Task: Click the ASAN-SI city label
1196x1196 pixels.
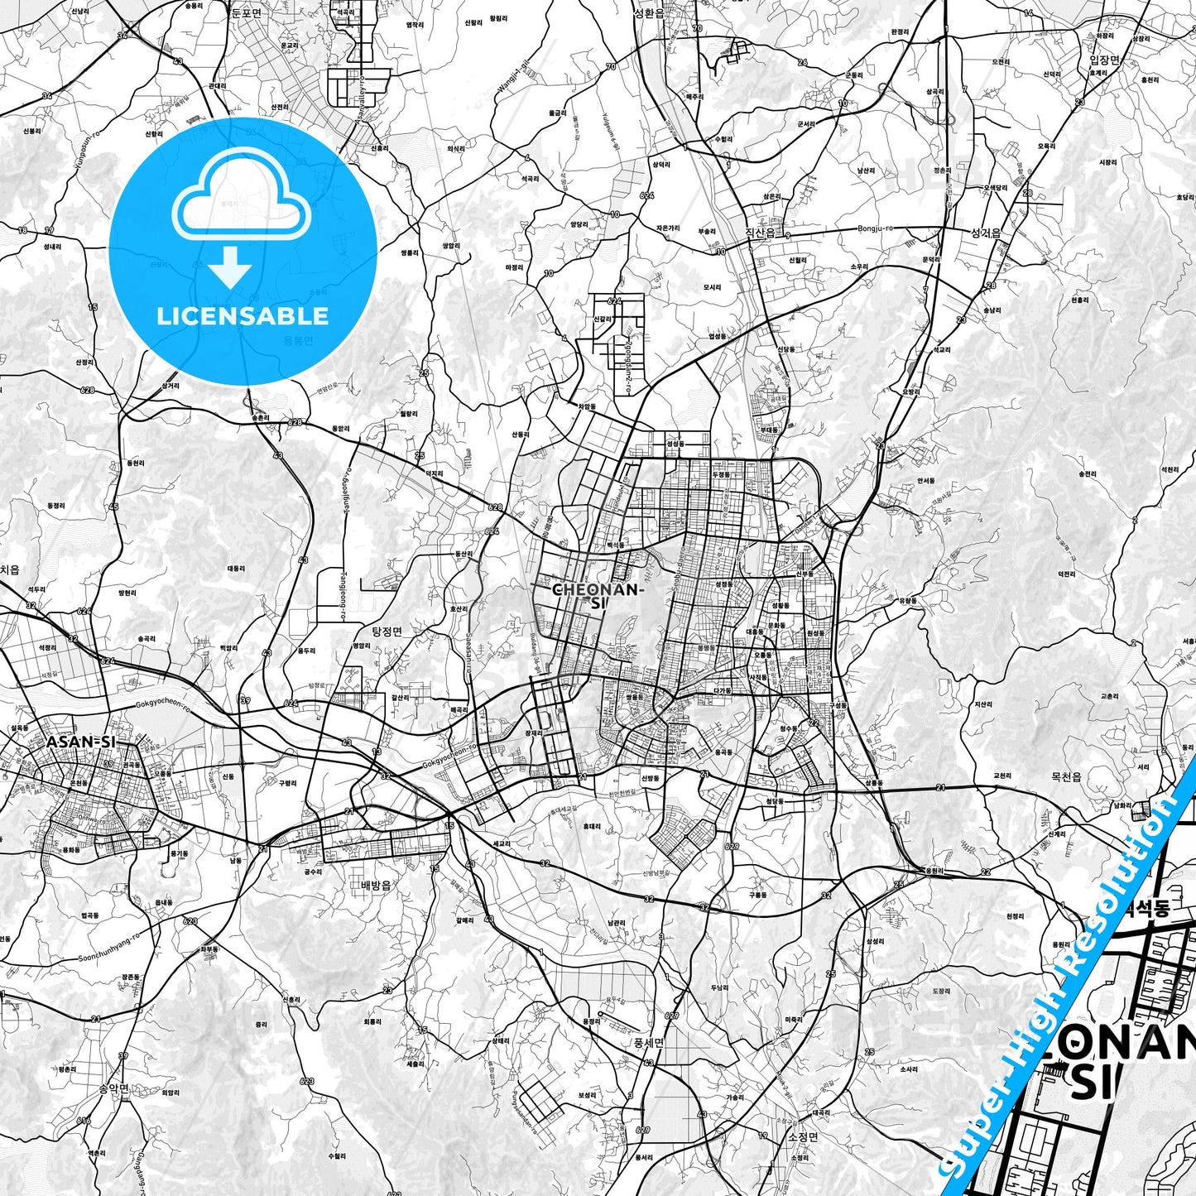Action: [x=81, y=742]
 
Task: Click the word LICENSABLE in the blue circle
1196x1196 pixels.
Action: [x=243, y=316]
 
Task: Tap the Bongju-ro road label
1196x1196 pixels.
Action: [x=877, y=228]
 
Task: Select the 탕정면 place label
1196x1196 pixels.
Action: [x=387, y=632]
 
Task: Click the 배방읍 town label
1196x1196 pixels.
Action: [x=376, y=885]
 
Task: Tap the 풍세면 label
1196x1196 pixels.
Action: [x=649, y=1042]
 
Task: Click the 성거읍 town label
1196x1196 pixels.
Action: [x=986, y=233]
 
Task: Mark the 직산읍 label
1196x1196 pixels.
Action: [x=761, y=233]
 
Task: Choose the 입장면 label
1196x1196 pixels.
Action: [x=1104, y=60]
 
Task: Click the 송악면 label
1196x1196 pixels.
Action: [x=113, y=1088]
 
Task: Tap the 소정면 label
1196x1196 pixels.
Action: [x=803, y=1136]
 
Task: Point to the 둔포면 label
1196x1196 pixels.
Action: [x=246, y=12]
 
